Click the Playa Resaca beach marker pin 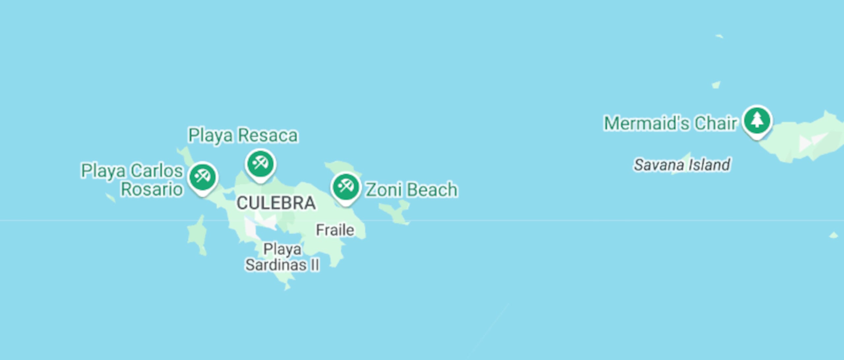[260, 164]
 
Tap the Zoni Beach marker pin [346, 187]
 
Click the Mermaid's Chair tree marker [757, 120]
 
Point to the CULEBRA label [276, 203]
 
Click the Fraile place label [335, 230]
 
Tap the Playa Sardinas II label [282, 257]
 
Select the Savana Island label [682, 165]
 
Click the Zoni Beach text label [411, 190]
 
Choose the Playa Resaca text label [243, 135]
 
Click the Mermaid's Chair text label [670, 123]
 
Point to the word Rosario [152, 189]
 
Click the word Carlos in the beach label [156, 171]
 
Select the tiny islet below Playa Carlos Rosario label [110, 197]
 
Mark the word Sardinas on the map [276, 265]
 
